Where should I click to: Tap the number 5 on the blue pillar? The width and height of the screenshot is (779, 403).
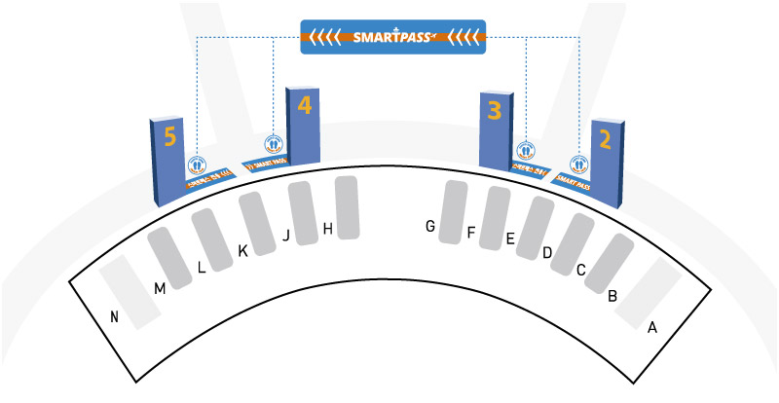170,137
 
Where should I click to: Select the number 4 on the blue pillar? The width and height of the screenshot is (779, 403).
305,104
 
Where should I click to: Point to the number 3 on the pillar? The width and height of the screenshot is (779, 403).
495,110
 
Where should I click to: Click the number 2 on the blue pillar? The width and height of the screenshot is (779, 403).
605,139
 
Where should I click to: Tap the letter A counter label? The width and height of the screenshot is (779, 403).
652,327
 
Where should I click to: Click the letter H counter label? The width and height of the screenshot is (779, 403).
328,229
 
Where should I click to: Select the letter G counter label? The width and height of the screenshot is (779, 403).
428,227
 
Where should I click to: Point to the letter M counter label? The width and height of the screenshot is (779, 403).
160,287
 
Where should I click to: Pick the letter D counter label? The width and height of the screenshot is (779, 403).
547,253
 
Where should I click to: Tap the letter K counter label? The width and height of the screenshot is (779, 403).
243,251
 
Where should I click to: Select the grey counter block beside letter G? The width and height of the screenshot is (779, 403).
454,211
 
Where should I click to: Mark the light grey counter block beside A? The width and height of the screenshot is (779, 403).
648,293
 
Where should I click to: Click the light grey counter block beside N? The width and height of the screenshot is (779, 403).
130,291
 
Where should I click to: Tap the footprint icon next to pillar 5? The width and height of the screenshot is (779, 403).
197,165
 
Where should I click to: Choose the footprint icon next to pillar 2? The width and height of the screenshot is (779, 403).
579,164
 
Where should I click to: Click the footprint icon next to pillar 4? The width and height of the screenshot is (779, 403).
274,143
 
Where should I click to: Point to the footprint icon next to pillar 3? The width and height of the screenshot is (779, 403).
526,150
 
